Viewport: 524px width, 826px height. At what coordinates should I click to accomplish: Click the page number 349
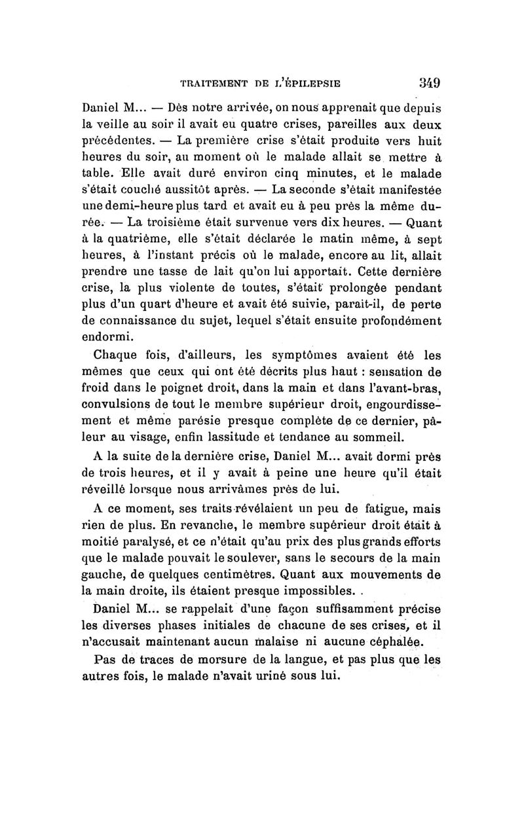click(426, 82)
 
